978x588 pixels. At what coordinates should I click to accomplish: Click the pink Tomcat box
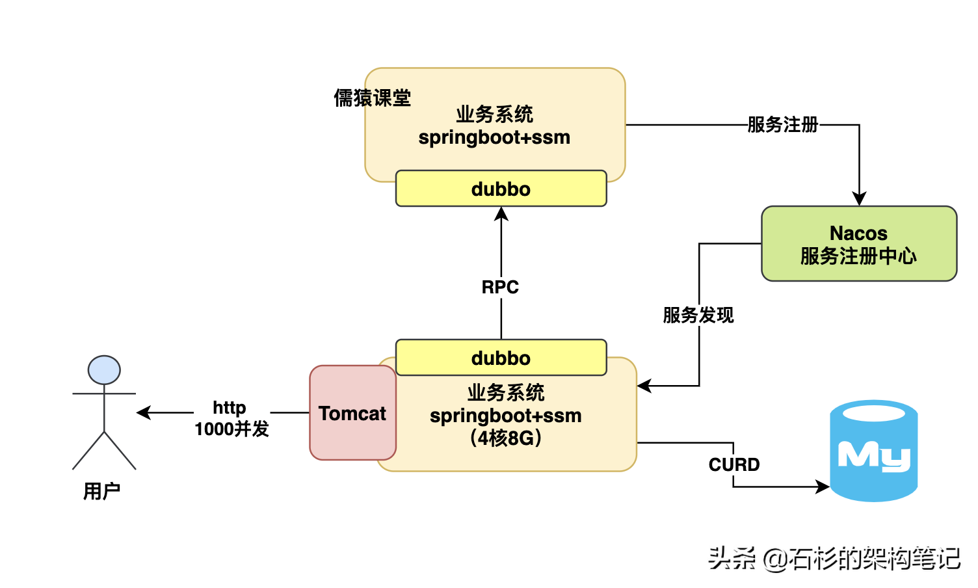[352, 413]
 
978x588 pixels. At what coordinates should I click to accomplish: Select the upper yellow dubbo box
[501, 189]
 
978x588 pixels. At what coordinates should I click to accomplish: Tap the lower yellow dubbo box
[501, 358]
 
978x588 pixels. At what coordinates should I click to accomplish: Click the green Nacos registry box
[858, 244]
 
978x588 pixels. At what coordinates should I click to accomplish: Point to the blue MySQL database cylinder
[873, 451]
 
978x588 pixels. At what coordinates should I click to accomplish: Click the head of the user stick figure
[104, 370]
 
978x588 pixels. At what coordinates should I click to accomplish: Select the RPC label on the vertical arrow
[500, 287]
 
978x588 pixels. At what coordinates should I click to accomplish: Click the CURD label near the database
[734, 464]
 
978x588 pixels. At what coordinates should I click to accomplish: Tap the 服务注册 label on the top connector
[783, 124]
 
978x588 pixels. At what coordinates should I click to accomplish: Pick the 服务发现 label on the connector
[698, 315]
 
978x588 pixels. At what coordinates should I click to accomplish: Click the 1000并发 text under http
[231, 429]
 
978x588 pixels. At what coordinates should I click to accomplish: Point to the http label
[230, 408]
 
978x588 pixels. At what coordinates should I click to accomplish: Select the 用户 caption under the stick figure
[101, 491]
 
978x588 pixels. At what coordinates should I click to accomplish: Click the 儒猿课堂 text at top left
[372, 98]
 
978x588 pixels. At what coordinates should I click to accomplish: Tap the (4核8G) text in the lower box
[506, 438]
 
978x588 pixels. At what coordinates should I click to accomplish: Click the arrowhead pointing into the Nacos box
[859, 199]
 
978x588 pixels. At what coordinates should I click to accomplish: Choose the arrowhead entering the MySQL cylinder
[823, 486]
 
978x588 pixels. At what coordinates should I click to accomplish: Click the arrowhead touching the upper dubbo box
[501, 214]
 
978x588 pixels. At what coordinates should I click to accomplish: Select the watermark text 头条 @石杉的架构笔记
[834, 558]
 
